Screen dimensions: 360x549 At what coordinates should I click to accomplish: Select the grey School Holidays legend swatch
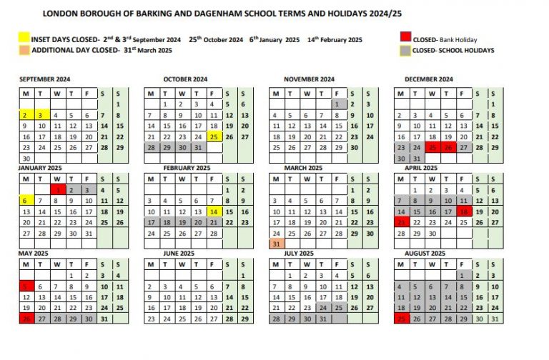tap(406, 51)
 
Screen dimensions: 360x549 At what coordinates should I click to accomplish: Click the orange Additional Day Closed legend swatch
tap(24, 51)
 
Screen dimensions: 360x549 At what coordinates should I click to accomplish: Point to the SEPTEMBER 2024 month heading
tap(45, 79)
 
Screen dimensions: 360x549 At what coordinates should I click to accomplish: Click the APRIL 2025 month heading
tap(422, 168)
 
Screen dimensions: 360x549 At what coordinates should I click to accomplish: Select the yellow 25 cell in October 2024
tap(213, 136)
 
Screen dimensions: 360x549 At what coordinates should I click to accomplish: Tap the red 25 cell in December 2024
tap(430, 147)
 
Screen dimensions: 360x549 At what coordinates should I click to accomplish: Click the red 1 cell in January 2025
tap(57, 190)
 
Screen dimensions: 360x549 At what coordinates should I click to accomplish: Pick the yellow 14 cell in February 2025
tap(213, 212)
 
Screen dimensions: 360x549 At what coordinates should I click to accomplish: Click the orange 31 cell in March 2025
tap(275, 244)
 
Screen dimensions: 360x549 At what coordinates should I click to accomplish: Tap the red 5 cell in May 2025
tap(26, 286)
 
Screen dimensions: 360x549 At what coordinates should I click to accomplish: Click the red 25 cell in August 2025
tap(400, 319)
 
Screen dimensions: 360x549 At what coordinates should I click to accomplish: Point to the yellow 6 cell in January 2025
tap(26, 201)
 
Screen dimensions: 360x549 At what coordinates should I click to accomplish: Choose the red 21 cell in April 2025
tap(400, 223)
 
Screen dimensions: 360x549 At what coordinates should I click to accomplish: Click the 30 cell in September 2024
tap(26, 159)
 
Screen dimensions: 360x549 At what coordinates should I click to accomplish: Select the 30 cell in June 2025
tap(151, 329)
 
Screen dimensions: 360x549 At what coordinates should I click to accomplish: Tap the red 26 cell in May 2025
tap(26, 319)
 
